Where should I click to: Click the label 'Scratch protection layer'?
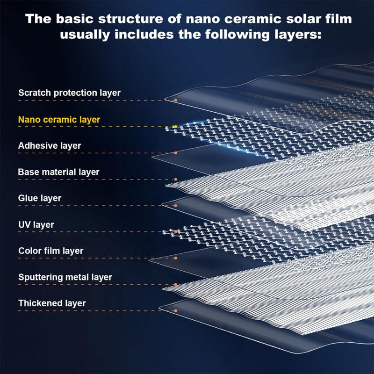coord(69,93)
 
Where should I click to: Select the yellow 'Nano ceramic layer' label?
coord(59,120)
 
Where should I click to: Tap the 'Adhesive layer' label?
coord(50,146)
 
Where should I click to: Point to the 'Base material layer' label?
coord(58,172)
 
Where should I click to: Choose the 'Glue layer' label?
coord(40,198)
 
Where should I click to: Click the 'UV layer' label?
coord(36,225)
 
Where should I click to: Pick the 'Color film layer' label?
coord(50,251)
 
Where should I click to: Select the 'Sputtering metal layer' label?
coord(65,277)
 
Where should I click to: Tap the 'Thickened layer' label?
coord(52,303)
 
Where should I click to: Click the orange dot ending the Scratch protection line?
coord(175,100)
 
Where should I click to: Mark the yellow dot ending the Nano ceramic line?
coord(174,127)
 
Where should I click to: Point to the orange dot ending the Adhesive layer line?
coord(175,153)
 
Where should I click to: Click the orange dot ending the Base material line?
coord(175,179)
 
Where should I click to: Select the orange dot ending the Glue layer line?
coord(175,206)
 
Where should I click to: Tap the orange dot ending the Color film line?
coord(175,258)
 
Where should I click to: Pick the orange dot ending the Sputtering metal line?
coord(175,284)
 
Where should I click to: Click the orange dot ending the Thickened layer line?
coord(175,310)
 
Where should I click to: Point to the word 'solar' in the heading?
coord(297,20)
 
